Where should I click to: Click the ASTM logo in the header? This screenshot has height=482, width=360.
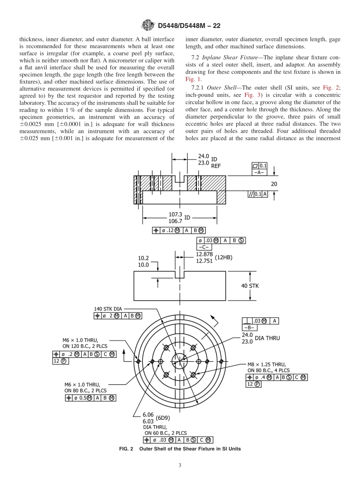(147, 25)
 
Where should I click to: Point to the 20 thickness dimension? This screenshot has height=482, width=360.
(274, 184)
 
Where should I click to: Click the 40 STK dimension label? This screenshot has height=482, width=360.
(250, 286)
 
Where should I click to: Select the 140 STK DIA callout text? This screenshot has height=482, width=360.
(108, 309)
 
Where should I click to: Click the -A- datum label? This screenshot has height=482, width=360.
(260, 172)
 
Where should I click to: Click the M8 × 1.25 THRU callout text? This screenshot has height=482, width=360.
(266, 365)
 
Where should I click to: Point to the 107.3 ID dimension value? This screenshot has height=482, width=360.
(175, 214)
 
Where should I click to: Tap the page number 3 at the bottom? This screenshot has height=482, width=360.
(180, 466)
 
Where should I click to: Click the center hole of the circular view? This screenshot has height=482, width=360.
(179, 361)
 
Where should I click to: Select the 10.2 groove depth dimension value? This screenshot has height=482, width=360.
(143, 258)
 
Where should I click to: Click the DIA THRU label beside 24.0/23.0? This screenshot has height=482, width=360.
(267, 338)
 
